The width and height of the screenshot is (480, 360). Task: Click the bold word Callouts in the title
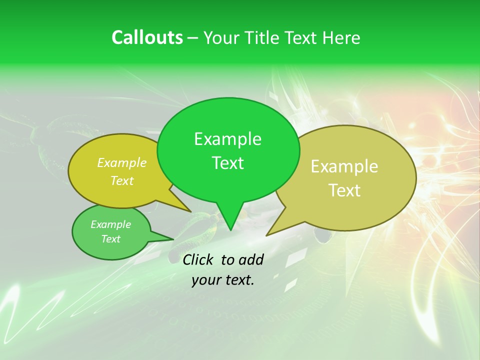click(x=147, y=37)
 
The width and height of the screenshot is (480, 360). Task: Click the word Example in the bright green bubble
click(x=227, y=139)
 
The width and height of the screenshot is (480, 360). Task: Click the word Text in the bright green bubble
click(x=227, y=163)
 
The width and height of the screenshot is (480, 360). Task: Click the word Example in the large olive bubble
click(x=344, y=166)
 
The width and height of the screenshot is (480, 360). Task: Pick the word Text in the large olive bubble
click(x=345, y=190)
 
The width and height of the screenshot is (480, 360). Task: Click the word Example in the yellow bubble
click(x=121, y=163)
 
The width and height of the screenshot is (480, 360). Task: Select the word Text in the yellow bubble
click(x=121, y=181)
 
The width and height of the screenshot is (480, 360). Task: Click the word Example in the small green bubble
click(x=110, y=224)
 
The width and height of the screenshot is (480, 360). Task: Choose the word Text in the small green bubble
click(x=110, y=239)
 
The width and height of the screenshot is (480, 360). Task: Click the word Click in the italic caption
click(x=198, y=259)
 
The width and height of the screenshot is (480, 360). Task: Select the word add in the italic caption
click(x=250, y=259)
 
